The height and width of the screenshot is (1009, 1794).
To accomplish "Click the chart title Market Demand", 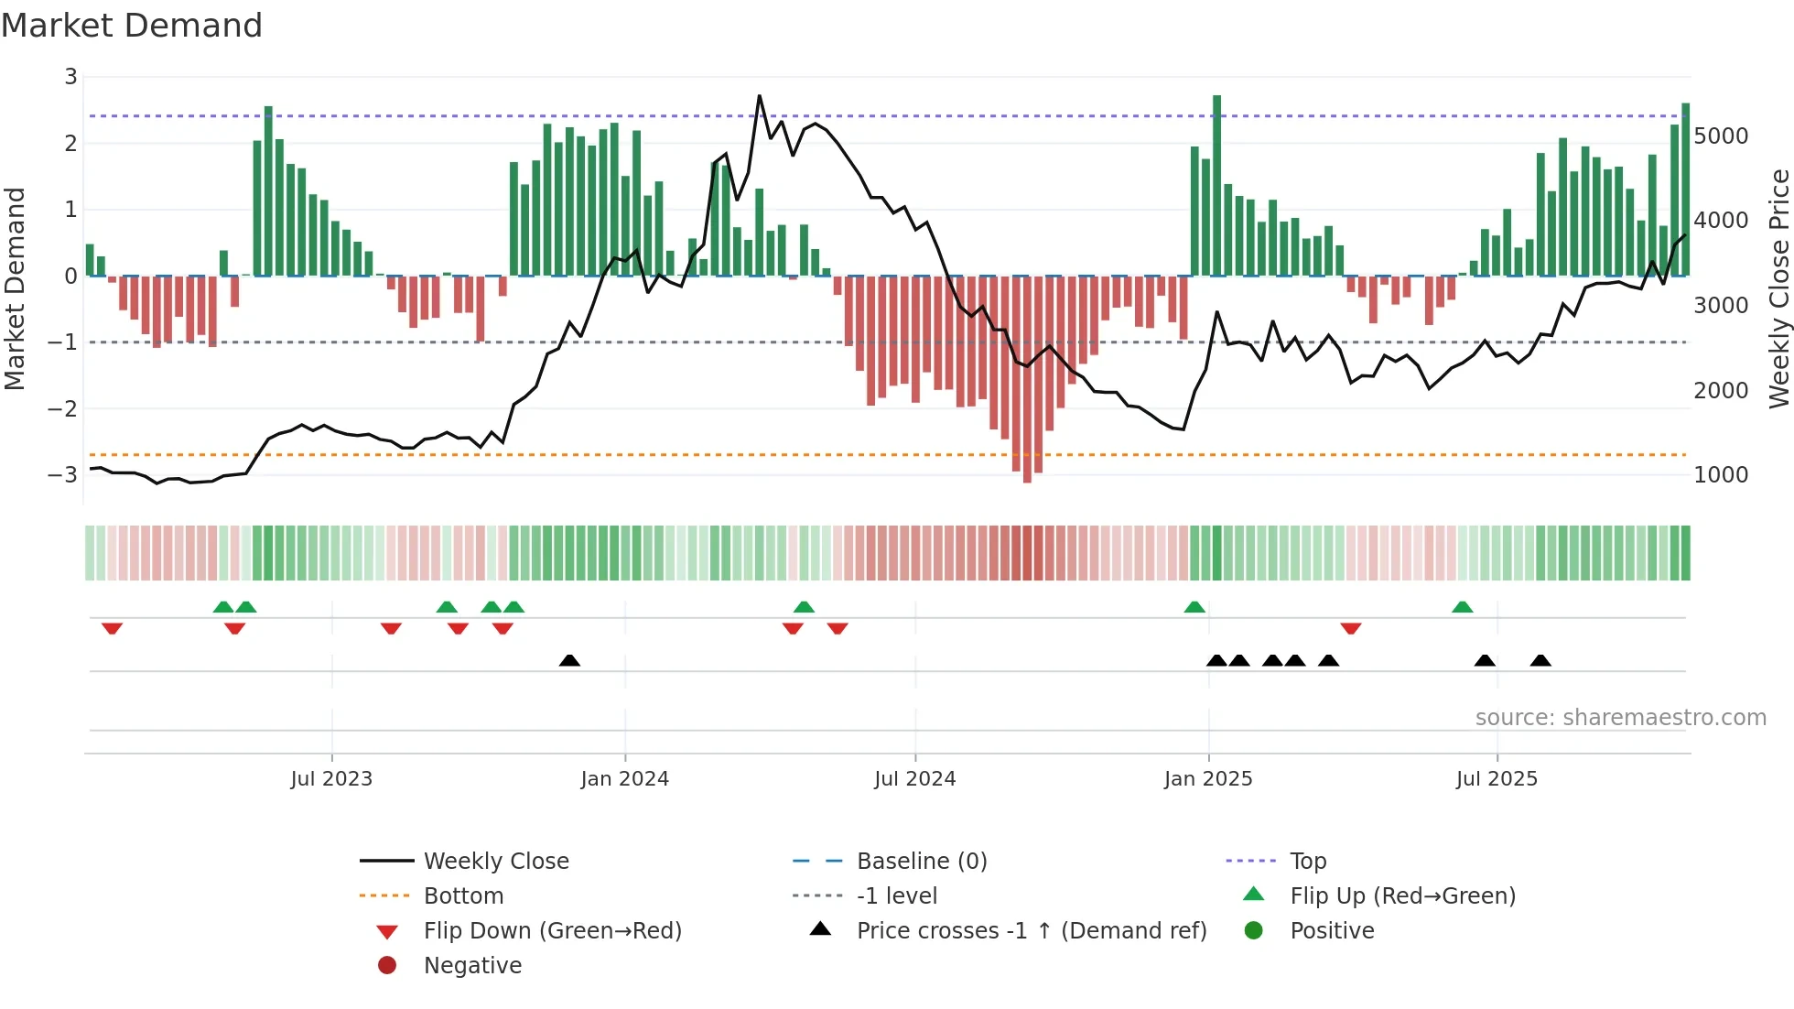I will [132, 25].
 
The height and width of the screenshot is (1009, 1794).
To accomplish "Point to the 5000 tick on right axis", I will [1720, 136].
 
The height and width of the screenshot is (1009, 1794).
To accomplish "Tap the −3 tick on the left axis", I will [63, 474].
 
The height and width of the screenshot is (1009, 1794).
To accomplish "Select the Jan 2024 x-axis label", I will [624, 778].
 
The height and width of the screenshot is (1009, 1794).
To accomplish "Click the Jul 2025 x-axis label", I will [1497, 778].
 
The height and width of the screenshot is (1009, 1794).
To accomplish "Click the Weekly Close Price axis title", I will [1778, 288].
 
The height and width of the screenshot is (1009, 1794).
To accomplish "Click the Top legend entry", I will [1307, 861].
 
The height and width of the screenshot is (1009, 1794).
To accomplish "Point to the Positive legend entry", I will [1332, 930].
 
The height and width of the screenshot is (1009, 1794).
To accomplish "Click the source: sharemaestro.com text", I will [1620, 717].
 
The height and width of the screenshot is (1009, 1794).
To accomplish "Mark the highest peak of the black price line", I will [759, 96].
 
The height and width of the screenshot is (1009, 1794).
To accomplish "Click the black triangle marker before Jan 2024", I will [569, 660].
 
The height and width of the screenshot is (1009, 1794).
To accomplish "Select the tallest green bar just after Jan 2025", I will [1216, 183].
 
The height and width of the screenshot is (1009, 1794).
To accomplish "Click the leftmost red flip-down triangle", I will [112, 628].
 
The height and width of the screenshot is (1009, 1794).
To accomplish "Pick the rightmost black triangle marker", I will [1540, 660].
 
